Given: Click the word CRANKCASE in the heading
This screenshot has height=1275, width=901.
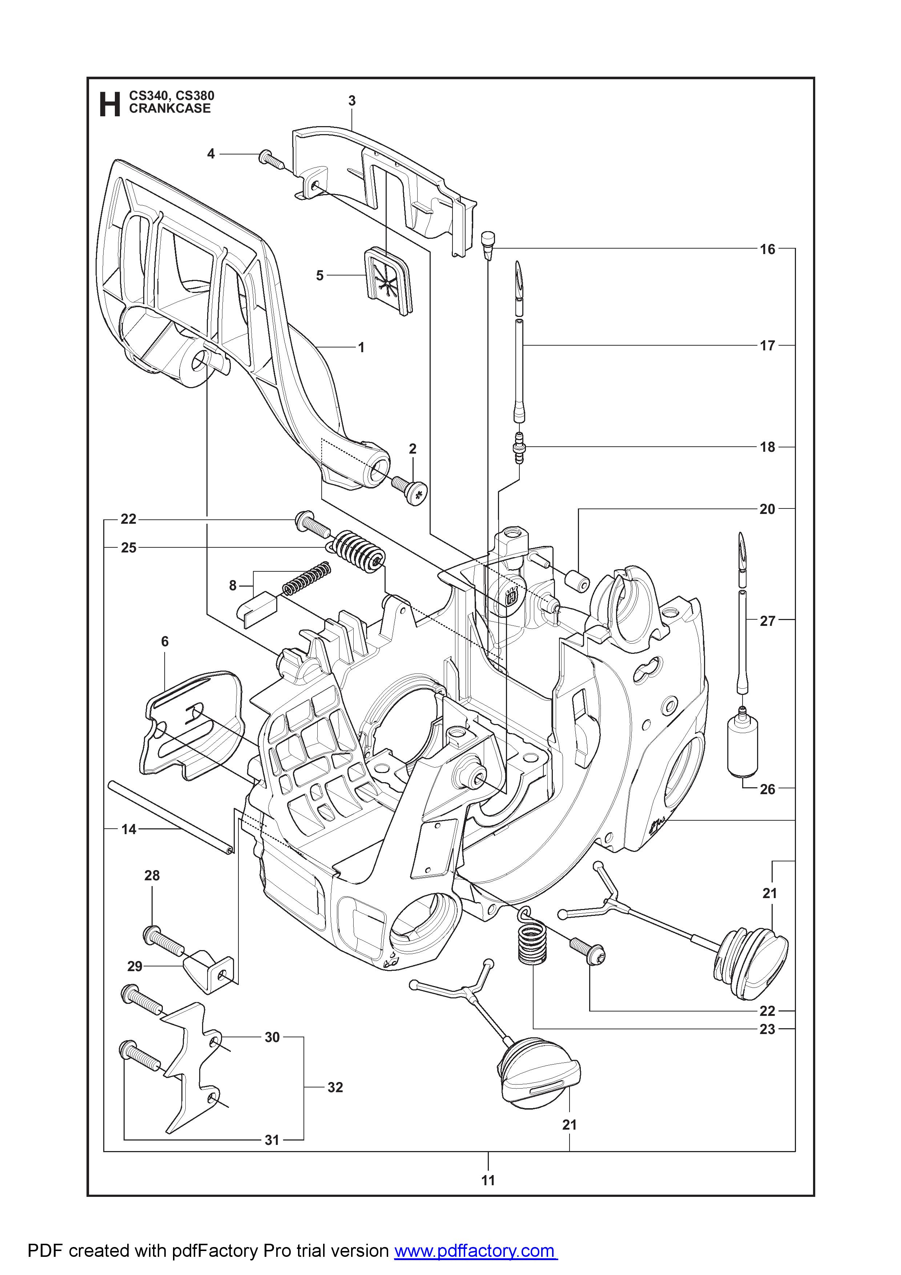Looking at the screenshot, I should pos(170,109).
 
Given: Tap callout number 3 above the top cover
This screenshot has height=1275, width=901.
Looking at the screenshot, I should pos(352,101).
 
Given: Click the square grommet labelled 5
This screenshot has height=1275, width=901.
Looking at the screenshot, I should pos(387,283).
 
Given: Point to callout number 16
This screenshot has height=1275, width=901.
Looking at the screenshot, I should pos(767,249).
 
